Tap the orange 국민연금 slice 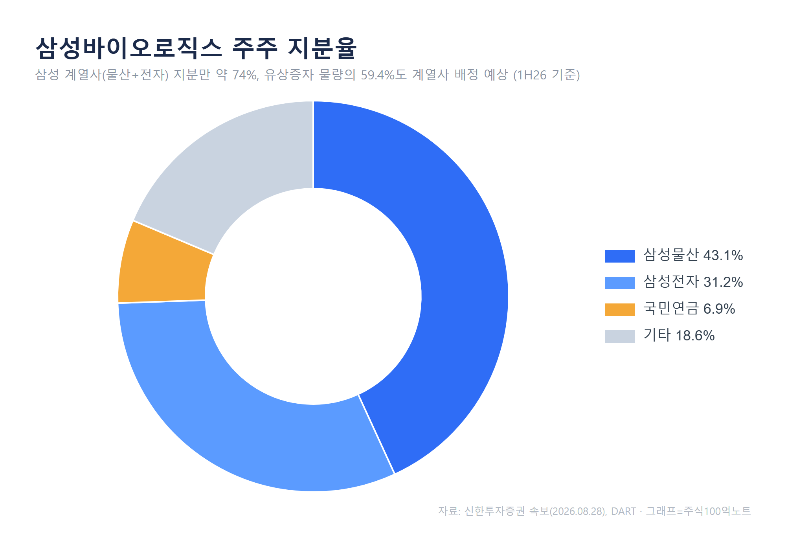[165, 267]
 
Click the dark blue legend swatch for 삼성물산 [620, 256]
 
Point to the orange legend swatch [620, 309]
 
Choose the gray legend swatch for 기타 [620, 336]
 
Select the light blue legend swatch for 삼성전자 [620, 283]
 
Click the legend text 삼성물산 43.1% [693, 255]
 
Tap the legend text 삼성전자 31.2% [693, 282]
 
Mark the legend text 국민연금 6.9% [689, 309]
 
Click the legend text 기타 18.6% [679, 336]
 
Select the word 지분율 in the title [322, 48]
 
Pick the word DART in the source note [623, 511]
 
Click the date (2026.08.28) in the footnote [578, 511]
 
